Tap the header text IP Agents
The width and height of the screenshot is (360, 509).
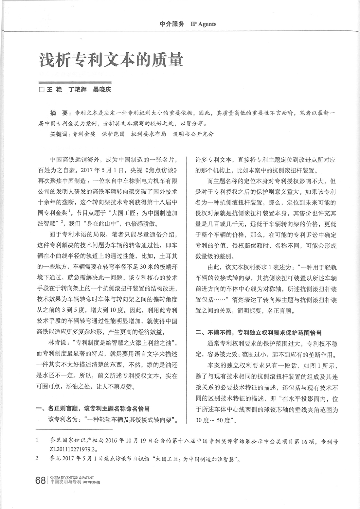click(203, 24)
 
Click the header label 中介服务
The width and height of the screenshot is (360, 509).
click(172, 24)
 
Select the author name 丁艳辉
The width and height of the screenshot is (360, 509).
click(77, 89)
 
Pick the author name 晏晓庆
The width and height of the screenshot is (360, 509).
click(102, 89)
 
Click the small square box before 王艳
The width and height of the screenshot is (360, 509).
click(42, 90)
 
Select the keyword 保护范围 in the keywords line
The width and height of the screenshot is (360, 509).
click(113, 134)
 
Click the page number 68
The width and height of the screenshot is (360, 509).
click(40, 481)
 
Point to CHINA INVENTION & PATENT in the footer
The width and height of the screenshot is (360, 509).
click(71, 478)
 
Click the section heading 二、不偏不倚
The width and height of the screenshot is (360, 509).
click(217, 333)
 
